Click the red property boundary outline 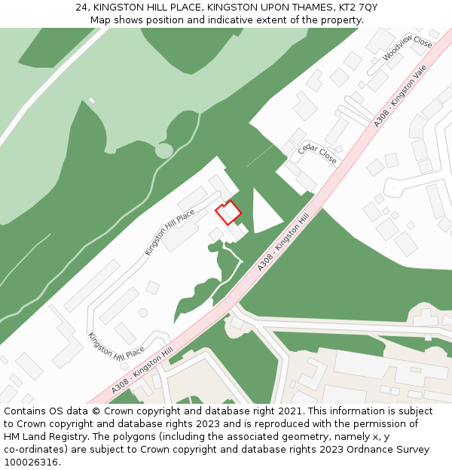pos(228,212)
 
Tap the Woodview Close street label pos(407,50)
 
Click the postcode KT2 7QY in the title pos(357,8)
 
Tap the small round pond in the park pos(163,150)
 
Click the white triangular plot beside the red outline pos(264,214)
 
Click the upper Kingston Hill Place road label pos(169,232)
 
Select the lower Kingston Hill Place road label pos(116,345)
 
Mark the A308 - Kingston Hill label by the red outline pos(283,241)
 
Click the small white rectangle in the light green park pos(92,100)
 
